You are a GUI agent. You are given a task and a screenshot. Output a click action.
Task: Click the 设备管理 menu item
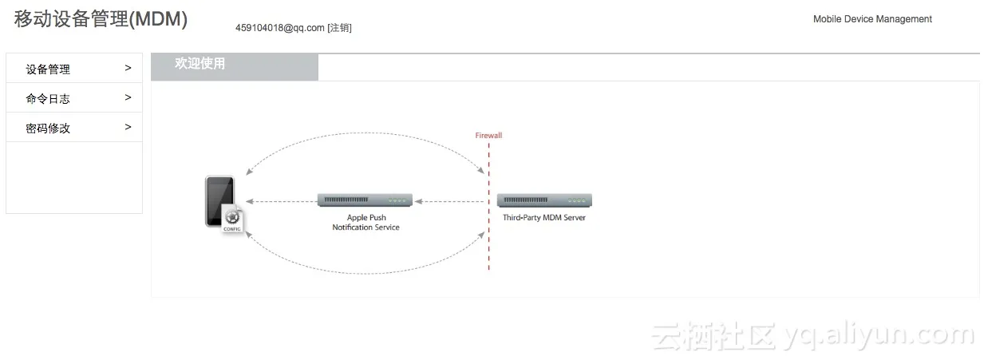tap(48, 69)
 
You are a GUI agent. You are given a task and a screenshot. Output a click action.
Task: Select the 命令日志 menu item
tap(48, 99)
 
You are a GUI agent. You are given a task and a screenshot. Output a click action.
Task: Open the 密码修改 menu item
tap(48, 129)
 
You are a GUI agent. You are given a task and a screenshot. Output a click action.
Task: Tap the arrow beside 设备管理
tap(128, 69)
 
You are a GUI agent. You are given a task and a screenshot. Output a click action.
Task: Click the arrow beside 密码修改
tap(128, 128)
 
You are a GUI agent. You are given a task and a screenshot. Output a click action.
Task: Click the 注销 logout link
tap(339, 28)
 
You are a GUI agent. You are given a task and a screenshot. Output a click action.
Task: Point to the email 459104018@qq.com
tap(279, 28)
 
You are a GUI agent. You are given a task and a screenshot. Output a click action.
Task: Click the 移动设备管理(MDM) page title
tap(101, 20)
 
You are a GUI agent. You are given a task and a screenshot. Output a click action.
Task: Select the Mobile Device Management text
tap(872, 19)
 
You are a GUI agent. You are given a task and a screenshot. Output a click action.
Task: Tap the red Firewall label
tap(488, 136)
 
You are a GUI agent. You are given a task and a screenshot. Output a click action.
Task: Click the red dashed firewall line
tap(488, 239)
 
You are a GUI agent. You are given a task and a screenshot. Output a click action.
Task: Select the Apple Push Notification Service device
tap(365, 200)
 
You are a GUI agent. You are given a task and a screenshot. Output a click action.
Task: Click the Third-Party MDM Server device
tap(544, 200)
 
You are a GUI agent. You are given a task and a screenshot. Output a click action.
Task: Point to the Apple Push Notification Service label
tap(366, 223)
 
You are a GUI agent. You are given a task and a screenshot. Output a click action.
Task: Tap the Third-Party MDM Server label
tap(543, 218)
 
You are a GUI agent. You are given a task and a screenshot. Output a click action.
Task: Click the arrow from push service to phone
tap(279, 201)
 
